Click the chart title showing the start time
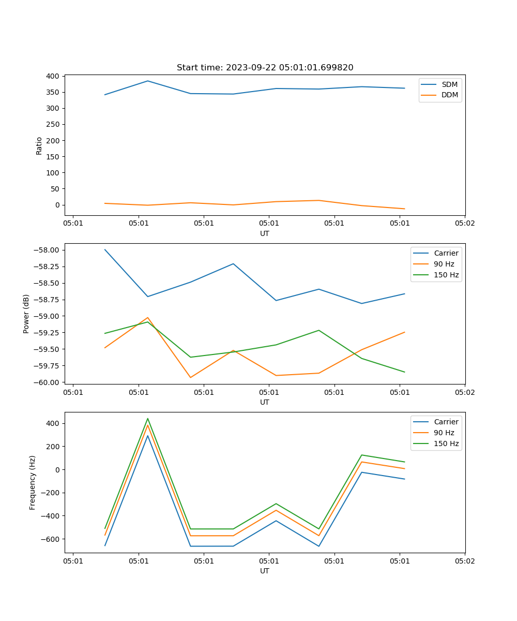(265, 68)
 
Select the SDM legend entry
(449, 84)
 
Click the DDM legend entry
(449, 95)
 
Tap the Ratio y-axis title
(39, 145)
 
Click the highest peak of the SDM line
(148, 81)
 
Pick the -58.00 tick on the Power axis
(45, 250)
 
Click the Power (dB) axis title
(26, 314)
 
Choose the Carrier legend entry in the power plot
(446, 253)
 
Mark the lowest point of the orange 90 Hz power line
(190, 377)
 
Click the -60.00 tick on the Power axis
(45, 382)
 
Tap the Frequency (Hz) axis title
(33, 482)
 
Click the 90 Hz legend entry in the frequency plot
(444, 433)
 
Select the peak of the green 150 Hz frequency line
(148, 419)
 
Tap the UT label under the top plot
(265, 233)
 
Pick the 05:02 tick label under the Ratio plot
(464, 224)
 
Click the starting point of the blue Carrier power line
(105, 249)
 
